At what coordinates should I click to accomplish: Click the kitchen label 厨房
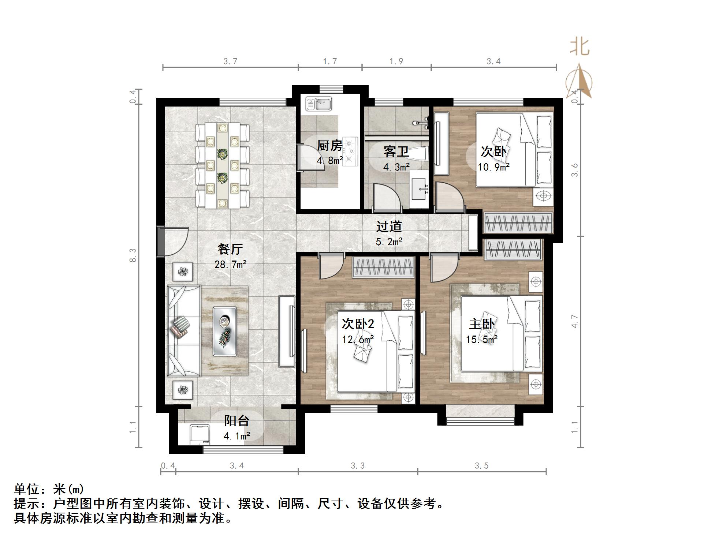[x=329, y=146]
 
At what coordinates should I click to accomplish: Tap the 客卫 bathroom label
[x=396, y=151]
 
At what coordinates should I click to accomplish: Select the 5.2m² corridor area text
[x=389, y=242]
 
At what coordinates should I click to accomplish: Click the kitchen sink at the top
[x=318, y=104]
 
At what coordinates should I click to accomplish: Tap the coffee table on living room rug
[x=224, y=331]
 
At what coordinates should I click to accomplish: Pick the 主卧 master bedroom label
[x=482, y=324]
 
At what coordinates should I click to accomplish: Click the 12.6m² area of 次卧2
[x=358, y=340]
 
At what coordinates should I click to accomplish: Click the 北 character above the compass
[x=580, y=47]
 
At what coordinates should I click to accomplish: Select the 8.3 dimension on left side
[x=133, y=255]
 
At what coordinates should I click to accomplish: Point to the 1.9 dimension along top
[x=396, y=61]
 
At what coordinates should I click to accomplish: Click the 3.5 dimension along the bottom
[x=481, y=466]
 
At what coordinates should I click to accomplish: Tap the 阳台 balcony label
[x=236, y=421]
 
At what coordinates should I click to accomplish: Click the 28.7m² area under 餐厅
[x=230, y=264]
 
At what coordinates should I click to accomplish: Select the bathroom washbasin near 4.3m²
[x=418, y=189]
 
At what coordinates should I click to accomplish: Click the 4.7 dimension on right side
[x=575, y=321]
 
